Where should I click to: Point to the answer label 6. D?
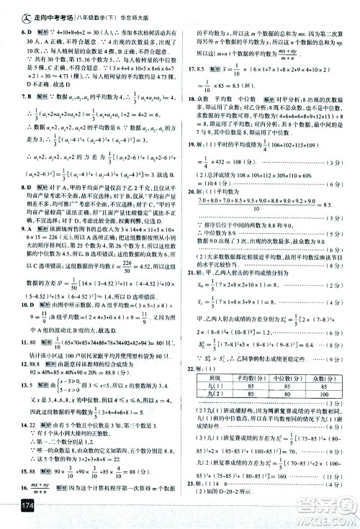click(10, 33)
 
